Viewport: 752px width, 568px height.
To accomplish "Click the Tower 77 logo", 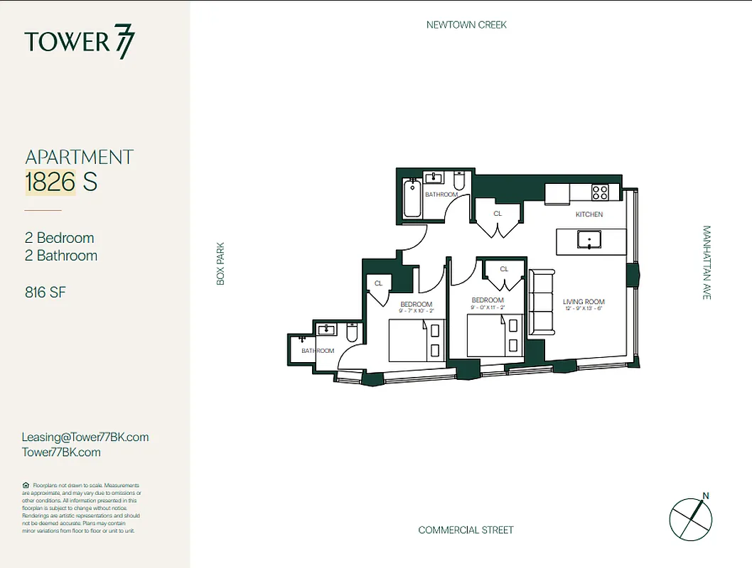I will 79,42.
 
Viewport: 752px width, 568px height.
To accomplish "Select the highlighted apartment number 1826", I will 50,182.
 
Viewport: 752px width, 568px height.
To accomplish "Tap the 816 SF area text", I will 45,292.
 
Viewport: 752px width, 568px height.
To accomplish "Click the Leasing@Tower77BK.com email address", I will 85,437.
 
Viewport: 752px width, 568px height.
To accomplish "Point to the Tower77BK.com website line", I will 61,452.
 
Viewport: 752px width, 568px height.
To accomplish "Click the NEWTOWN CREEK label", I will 466,25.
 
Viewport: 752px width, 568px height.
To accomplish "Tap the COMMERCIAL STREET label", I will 466,530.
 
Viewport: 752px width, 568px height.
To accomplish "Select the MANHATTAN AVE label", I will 707,263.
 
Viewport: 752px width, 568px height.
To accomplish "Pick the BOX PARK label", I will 220,263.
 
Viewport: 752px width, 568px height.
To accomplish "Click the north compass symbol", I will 690,518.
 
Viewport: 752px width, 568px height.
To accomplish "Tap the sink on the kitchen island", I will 589,240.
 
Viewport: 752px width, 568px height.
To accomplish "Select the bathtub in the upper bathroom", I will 412,200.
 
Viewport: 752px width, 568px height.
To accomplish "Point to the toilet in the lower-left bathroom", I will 352,332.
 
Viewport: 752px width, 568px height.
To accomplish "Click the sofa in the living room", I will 541,301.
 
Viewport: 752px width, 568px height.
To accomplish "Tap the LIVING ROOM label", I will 584,302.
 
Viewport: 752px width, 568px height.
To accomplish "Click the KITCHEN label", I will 589,214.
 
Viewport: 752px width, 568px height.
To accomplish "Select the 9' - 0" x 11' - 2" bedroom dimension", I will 488,307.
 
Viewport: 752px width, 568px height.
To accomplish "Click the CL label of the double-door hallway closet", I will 498,213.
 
